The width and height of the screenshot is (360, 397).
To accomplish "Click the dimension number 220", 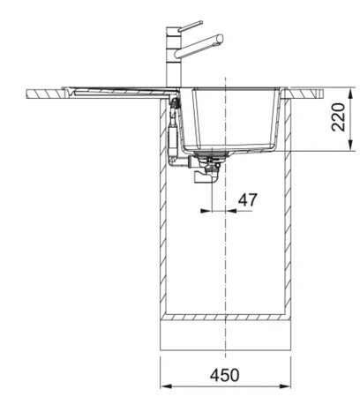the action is [338, 117].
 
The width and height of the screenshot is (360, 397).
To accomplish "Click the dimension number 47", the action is [248, 200].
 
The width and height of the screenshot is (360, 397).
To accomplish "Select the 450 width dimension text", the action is [225, 375].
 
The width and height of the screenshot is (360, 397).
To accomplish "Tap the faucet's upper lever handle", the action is [191, 26].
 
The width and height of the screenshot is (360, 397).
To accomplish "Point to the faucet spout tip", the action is [221, 39].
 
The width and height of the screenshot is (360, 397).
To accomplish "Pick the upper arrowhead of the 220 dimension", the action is [350, 94].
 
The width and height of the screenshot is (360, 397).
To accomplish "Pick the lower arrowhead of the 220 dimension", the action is [350, 146].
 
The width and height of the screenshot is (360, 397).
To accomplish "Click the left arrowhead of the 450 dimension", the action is [166, 386].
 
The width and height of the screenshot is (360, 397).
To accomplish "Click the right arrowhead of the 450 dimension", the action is [284, 386].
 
